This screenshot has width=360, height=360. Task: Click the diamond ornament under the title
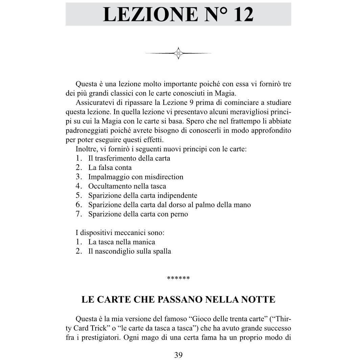click(178, 53)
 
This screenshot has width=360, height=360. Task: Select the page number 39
click(178, 355)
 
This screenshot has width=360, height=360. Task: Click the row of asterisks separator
click(178, 278)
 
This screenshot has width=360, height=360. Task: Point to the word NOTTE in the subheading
click(258, 299)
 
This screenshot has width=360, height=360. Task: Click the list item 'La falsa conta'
click(110, 168)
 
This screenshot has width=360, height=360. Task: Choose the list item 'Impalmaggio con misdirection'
click(136, 177)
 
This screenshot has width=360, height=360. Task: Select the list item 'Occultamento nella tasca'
click(127, 186)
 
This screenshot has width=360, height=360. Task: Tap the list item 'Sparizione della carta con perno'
click(138, 214)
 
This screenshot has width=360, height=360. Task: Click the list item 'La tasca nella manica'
click(122, 242)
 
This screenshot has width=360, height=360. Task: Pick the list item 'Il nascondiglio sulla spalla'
click(129, 251)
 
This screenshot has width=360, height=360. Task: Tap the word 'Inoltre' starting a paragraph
click(86, 149)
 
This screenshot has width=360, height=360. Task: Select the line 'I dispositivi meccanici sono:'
click(120, 233)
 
